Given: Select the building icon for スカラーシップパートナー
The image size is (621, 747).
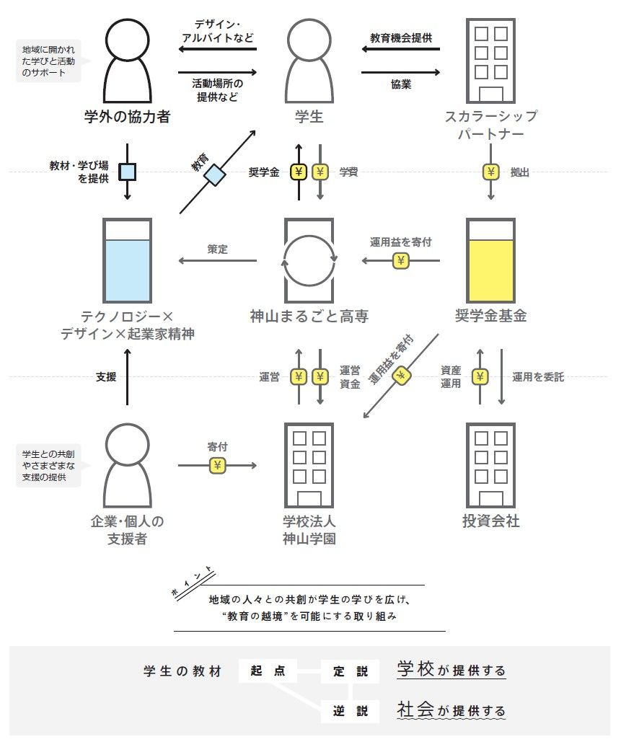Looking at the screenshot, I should pyautogui.click(x=490, y=61).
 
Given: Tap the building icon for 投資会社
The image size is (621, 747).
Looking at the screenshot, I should pyautogui.click(x=490, y=465).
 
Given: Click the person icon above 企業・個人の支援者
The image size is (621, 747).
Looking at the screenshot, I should pyautogui.click(x=127, y=465).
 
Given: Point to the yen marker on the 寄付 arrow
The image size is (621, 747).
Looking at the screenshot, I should pyautogui.click(x=217, y=466).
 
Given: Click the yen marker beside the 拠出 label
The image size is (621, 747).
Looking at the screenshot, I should pyautogui.click(x=491, y=172).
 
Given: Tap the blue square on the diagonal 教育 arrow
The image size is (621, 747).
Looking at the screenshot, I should pyautogui.click(x=214, y=174).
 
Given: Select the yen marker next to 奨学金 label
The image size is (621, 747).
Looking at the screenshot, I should pyautogui.click(x=299, y=172).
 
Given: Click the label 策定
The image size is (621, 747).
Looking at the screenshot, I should pyautogui.click(x=217, y=249).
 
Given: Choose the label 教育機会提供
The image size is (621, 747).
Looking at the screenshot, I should pyautogui.click(x=401, y=37).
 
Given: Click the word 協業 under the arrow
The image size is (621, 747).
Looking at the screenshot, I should pyautogui.click(x=401, y=84).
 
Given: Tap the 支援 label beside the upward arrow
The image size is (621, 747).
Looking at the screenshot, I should pyautogui.click(x=106, y=376).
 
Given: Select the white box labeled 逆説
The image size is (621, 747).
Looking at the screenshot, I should pyautogui.click(x=350, y=710).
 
